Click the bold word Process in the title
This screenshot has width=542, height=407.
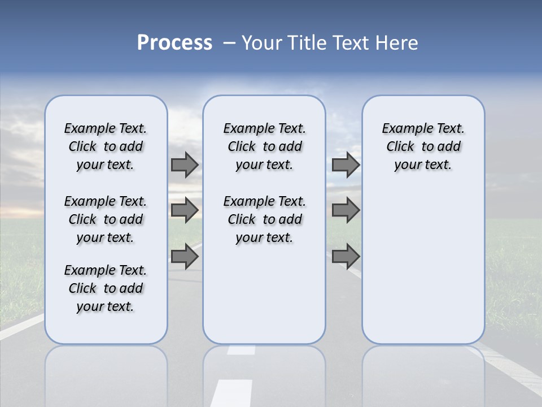(x=174, y=43)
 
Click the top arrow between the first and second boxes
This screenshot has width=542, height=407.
(x=185, y=164)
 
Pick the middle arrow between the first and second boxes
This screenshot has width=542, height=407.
(x=185, y=210)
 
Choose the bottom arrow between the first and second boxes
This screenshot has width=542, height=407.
(x=185, y=256)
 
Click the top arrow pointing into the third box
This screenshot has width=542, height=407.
(x=346, y=164)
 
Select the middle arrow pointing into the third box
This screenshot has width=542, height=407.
(x=346, y=210)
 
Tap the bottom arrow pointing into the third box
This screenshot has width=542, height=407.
(x=346, y=256)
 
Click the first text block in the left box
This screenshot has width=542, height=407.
(x=106, y=146)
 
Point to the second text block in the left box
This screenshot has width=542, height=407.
(x=106, y=219)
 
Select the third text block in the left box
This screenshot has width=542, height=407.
(x=106, y=288)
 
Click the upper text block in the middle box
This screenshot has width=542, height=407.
(x=264, y=146)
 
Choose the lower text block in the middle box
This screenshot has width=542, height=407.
(x=264, y=219)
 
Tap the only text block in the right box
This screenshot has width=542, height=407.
(x=423, y=146)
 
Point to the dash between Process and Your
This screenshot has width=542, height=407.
(x=229, y=43)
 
